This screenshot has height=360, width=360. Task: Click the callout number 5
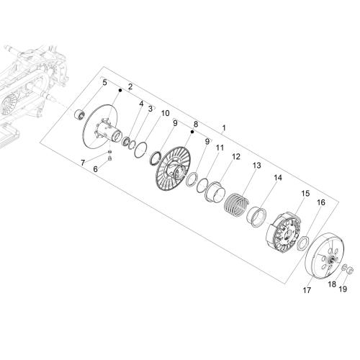coord(104,83)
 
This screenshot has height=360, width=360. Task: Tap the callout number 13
coord(256,166)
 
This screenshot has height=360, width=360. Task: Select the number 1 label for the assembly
coord(223,128)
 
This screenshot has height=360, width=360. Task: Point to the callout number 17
coord(307,290)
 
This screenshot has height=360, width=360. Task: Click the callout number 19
coord(343,289)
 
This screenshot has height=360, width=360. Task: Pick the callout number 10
coord(165,113)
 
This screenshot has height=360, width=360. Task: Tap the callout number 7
coord(83,163)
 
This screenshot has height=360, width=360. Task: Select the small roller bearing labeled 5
coord(79,114)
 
